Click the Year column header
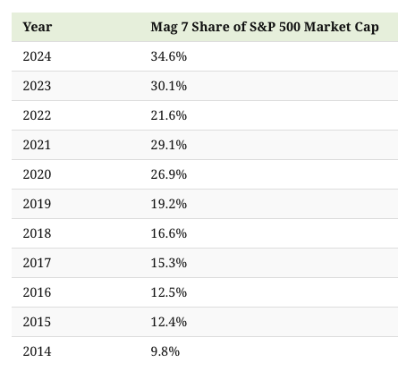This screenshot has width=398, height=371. (38, 27)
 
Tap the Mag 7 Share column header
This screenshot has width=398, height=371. (265, 27)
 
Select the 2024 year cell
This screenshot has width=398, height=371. (37, 56)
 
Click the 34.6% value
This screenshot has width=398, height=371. (169, 56)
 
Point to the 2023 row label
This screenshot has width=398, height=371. (37, 86)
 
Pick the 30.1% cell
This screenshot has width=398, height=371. (169, 86)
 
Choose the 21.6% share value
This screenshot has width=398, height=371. (169, 115)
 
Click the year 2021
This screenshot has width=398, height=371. (37, 145)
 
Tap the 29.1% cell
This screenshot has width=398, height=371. (169, 145)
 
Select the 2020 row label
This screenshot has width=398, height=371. (37, 174)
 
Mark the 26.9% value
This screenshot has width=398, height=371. (169, 174)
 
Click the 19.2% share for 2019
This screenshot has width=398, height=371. (169, 204)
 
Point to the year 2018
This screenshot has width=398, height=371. (37, 233)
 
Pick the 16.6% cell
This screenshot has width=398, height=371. (169, 233)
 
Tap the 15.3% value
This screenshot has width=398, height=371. (169, 263)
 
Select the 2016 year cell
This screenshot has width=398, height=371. (37, 292)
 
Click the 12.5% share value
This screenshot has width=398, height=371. (169, 292)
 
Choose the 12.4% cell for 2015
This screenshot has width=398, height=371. (169, 322)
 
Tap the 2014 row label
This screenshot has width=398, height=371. (37, 351)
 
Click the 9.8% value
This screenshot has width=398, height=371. (165, 351)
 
